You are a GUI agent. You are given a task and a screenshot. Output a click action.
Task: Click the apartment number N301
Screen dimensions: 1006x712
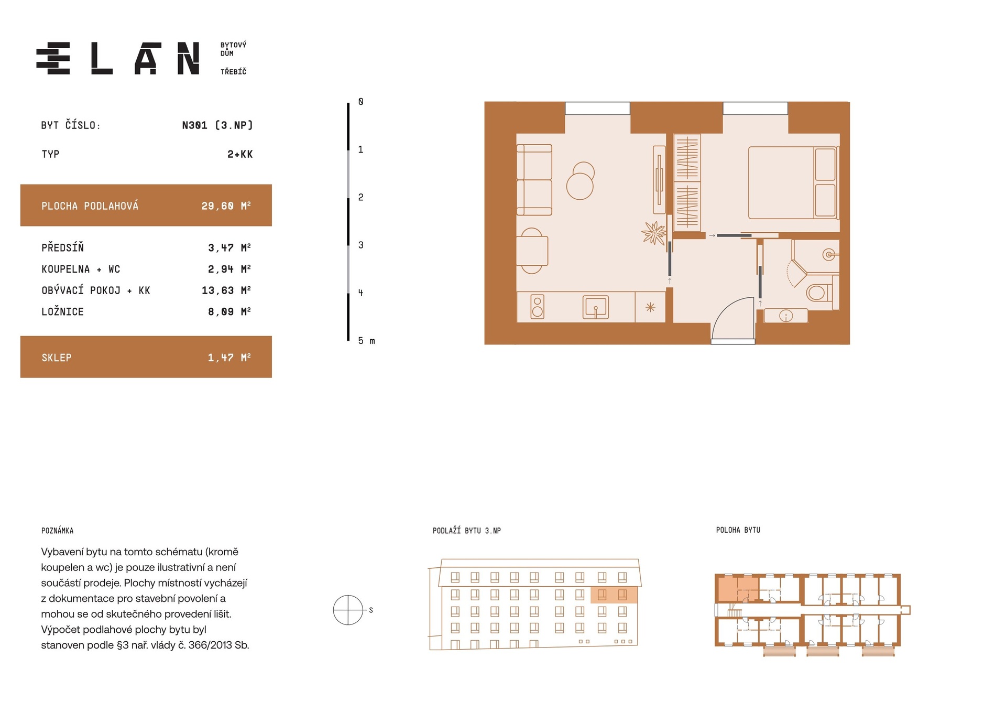pyautogui.click(x=194, y=125)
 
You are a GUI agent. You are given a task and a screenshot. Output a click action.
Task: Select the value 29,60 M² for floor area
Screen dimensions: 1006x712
pyautogui.click(x=226, y=206)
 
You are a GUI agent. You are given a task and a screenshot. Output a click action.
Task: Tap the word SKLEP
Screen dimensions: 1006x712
pyautogui.click(x=57, y=358)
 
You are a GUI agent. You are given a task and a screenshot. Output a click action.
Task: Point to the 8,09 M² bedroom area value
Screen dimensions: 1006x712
pyautogui.click(x=229, y=311)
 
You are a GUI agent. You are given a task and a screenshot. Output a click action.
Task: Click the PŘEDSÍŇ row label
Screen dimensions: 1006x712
pyautogui.click(x=62, y=247)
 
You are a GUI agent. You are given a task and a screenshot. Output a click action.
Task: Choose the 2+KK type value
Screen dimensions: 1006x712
pyautogui.click(x=240, y=154)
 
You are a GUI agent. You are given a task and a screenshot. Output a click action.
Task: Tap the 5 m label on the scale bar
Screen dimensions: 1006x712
pyautogui.click(x=366, y=341)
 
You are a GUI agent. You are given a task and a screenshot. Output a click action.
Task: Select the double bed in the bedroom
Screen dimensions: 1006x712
pyautogui.click(x=793, y=182)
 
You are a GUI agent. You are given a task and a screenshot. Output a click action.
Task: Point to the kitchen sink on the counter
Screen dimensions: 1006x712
pyautogui.click(x=596, y=307)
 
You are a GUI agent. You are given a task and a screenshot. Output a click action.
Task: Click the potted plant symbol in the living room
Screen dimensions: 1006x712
pyautogui.click(x=654, y=233)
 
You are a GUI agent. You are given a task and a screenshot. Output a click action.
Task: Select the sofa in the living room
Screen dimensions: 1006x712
pyautogui.click(x=534, y=180)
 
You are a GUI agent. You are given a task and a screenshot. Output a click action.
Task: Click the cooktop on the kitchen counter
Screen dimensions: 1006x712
pyautogui.click(x=537, y=307)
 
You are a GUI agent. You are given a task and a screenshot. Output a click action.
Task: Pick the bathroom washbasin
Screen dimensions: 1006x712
pyautogui.click(x=785, y=316)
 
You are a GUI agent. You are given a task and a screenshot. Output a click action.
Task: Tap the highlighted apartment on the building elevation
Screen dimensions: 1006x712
pyautogui.click(x=614, y=595)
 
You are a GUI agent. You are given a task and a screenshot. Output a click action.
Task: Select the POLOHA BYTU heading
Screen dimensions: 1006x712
pyautogui.click(x=738, y=530)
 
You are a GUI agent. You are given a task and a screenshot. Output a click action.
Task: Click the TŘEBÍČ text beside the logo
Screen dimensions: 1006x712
pyautogui.click(x=233, y=71)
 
